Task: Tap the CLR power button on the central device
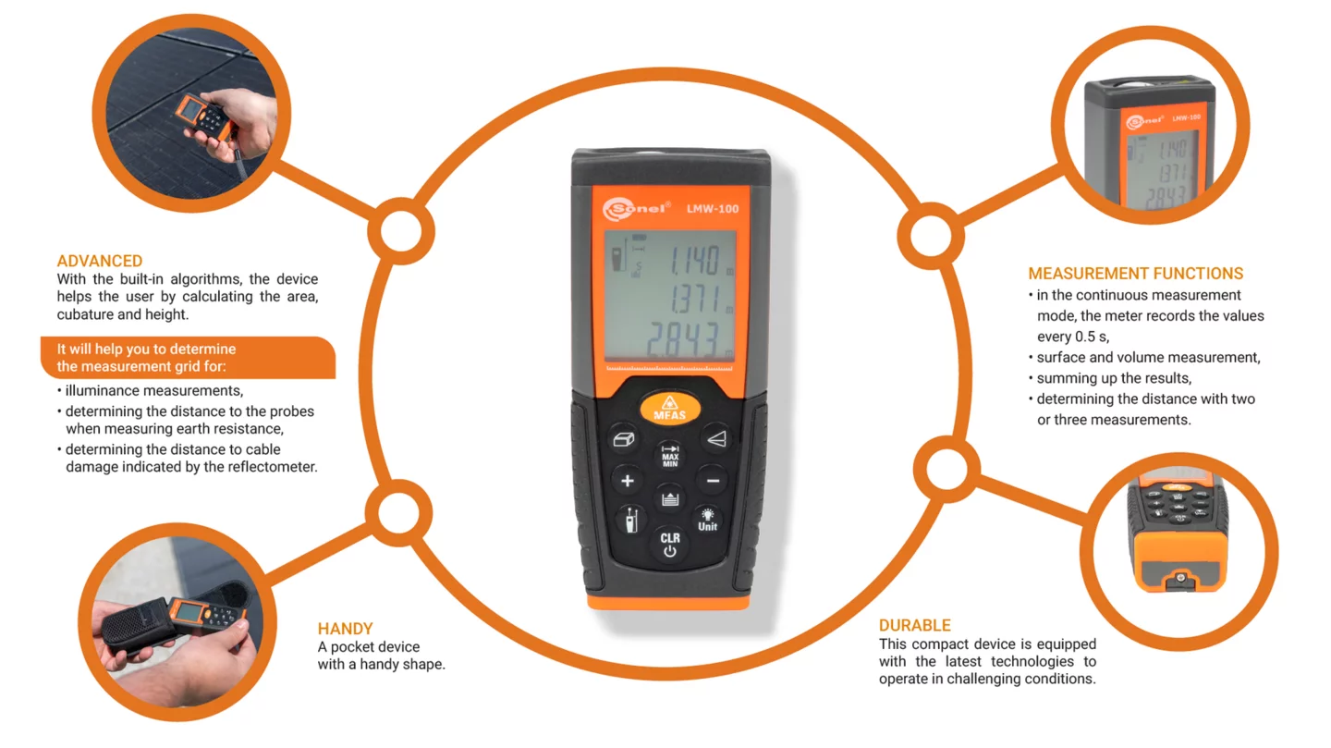(669, 544)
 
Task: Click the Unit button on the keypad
(707, 520)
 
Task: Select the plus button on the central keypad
(627, 481)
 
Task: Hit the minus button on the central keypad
(713, 481)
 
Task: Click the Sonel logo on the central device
(636, 209)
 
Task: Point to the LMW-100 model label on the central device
(713, 209)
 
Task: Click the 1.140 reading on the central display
(695, 261)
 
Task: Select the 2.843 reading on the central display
(683, 340)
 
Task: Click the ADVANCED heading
(99, 261)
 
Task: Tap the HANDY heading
(346, 629)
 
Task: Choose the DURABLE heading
(914, 625)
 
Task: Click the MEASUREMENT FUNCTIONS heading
(1135, 274)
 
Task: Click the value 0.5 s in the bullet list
(1092, 337)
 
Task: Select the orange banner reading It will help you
(188, 357)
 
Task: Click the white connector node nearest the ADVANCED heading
(401, 231)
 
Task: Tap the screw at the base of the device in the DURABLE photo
(1180, 578)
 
